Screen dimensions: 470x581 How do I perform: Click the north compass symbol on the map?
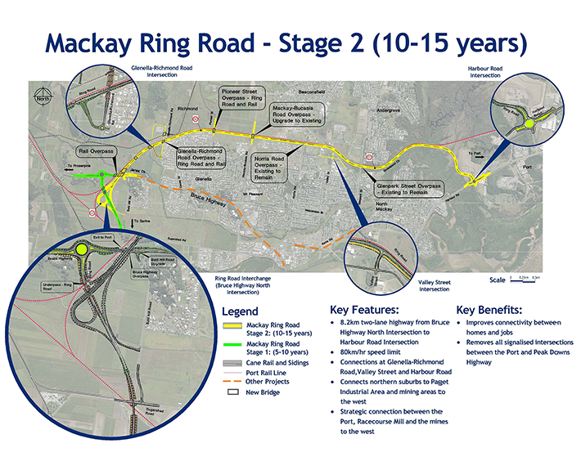(x=43, y=96)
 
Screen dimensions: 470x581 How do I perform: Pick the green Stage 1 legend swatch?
(x=233, y=347)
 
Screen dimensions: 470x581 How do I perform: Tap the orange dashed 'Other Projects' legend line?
(x=233, y=382)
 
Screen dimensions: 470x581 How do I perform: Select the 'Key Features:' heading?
(x=364, y=311)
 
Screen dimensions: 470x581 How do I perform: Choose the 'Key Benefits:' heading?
(x=489, y=311)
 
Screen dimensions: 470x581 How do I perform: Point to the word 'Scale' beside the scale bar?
(x=498, y=280)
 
